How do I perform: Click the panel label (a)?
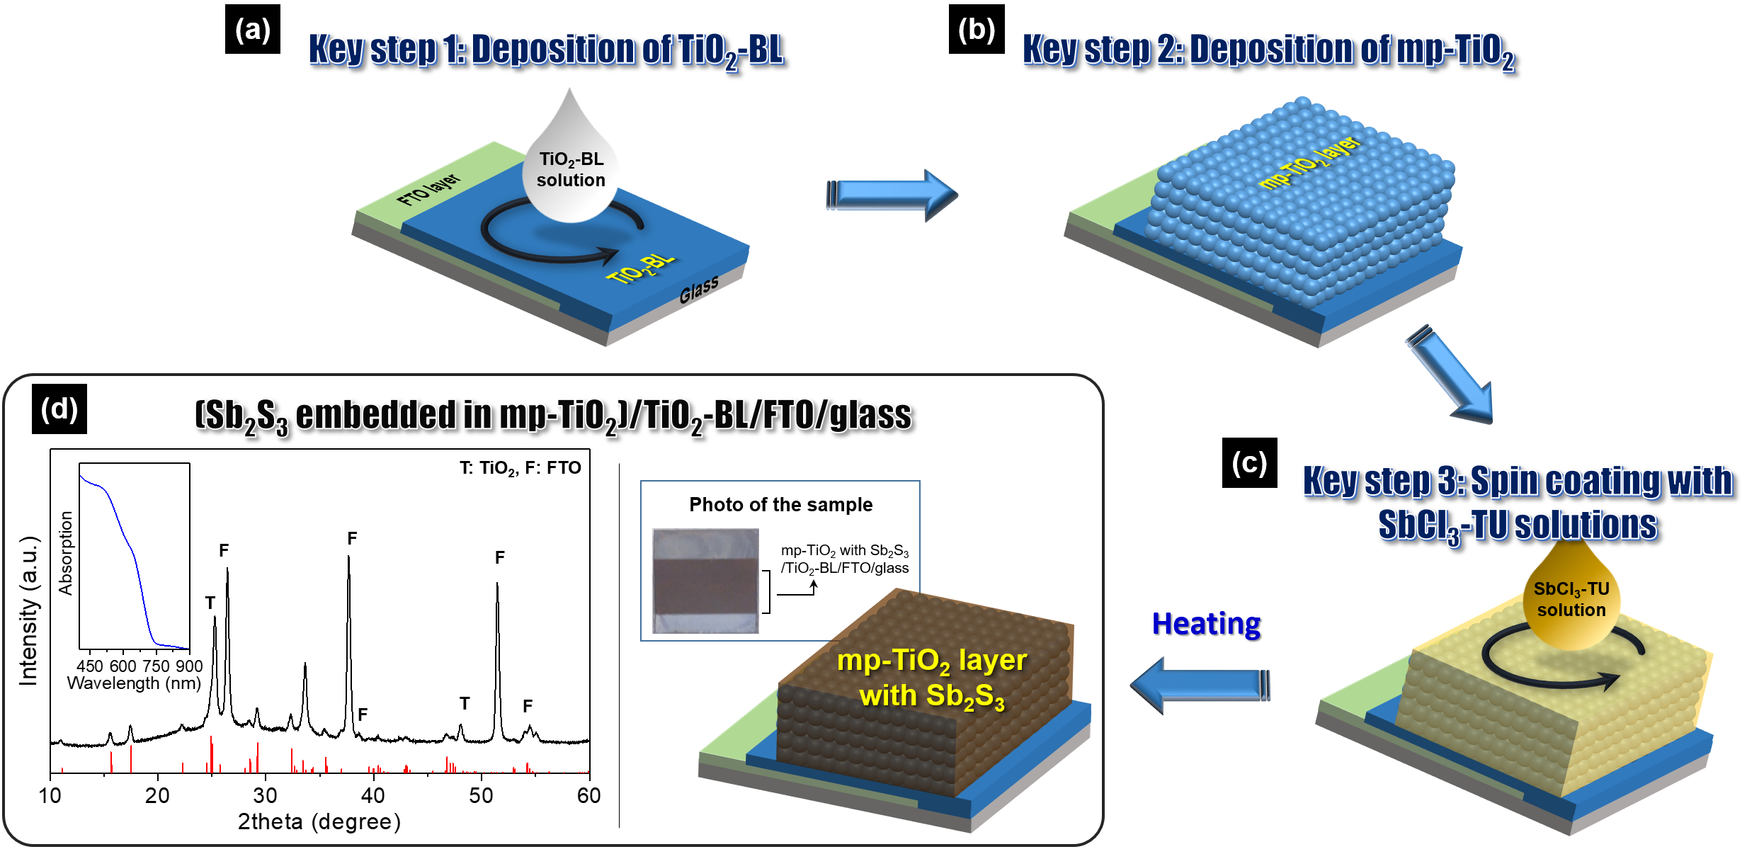[x=252, y=29]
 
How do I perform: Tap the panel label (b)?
[x=977, y=29]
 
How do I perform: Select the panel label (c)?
[x=1249, y=462]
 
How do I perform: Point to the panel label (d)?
[x=59, y=409]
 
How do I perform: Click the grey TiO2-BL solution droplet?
[x=570, y=159]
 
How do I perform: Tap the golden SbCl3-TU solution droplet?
[x=1571, y=595]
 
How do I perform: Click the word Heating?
[x=1207, y=624]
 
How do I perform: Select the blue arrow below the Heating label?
[x=1200, y=685]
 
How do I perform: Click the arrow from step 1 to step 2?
[x=892, y=195]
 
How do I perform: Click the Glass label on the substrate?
[x=699, y=290]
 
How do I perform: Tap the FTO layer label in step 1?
[x=428, y=189]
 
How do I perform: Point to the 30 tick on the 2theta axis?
[x=265, y=795]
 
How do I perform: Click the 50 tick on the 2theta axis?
[x=481, y=795]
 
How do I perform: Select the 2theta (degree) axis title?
[x=319, y=821]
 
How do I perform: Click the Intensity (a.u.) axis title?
[x=28, y=610]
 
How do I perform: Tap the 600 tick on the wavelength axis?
[x=123, y=666]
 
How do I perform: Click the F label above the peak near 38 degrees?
[x=352, y=539]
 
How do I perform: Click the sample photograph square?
[x=705, y=581]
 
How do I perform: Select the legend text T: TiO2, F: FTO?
[x=520, y=468]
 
